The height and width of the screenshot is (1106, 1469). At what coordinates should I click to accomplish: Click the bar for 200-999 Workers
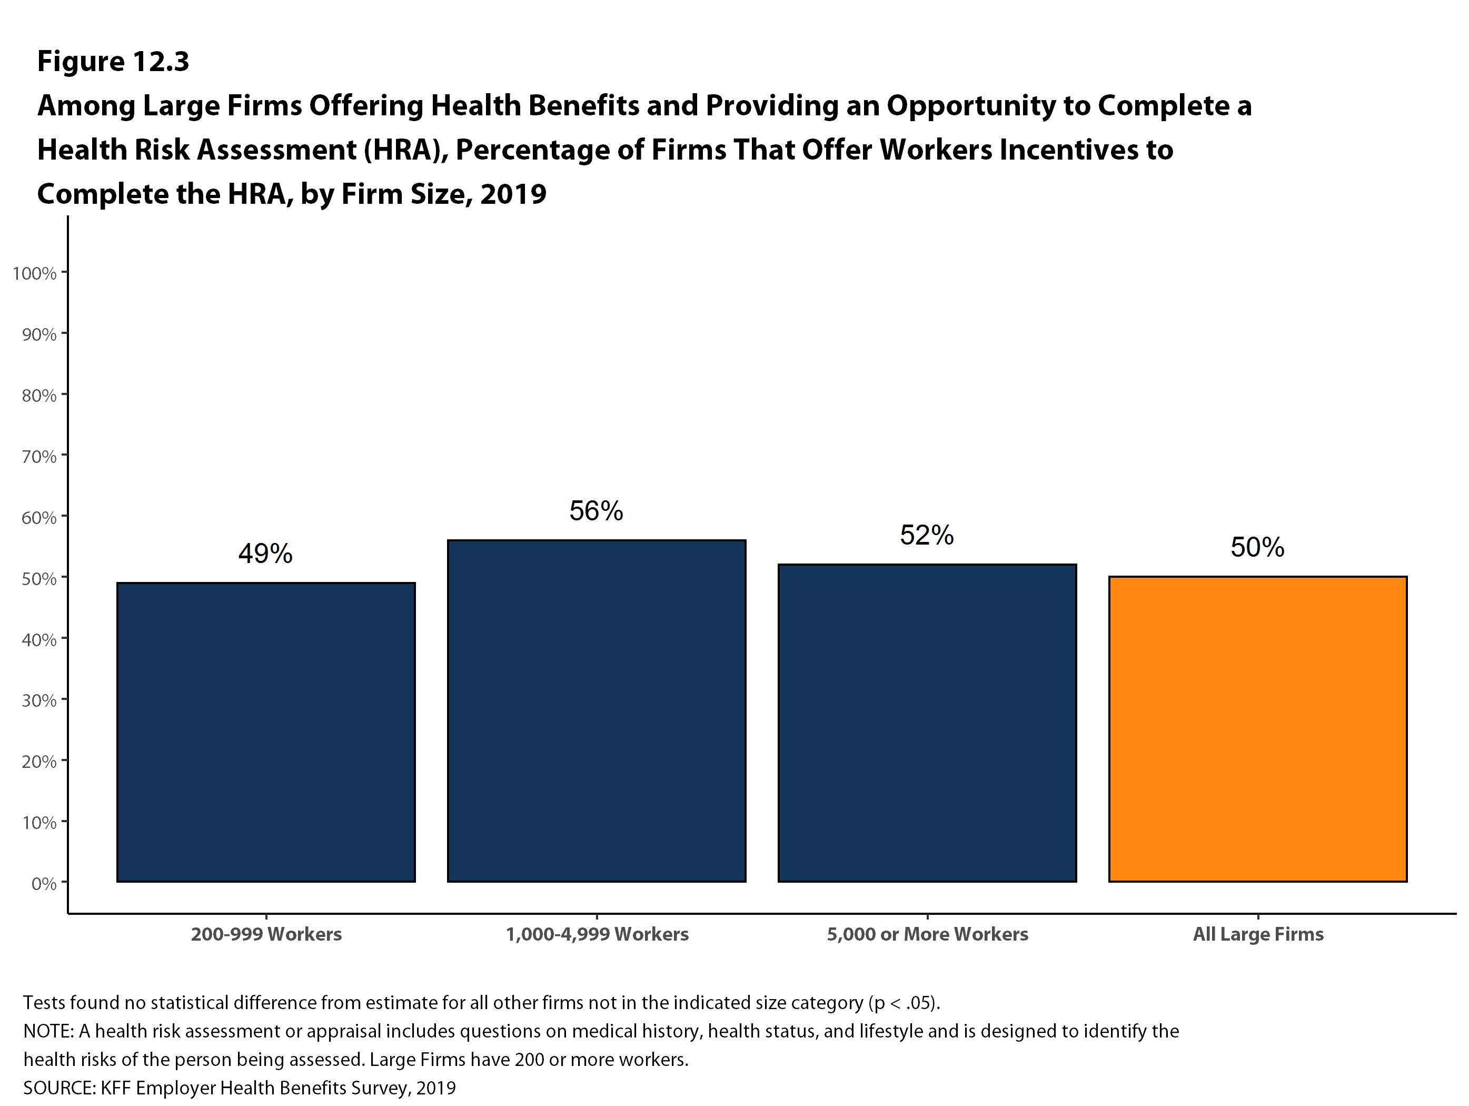266,732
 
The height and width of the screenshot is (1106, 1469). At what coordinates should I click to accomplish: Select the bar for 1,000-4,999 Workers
597,711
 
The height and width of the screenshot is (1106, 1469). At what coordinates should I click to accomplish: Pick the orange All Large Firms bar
1258,729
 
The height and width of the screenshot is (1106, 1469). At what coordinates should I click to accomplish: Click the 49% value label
266,554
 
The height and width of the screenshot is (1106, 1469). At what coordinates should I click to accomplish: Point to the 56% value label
597,511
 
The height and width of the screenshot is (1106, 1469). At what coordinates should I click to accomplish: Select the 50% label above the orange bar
1258,547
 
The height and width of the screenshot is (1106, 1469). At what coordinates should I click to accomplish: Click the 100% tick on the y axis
35,273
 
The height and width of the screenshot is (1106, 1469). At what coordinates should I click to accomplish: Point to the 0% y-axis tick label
44,883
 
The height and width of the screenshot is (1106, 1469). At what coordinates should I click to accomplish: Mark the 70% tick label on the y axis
39,456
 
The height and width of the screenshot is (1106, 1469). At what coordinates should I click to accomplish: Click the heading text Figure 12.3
113,61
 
